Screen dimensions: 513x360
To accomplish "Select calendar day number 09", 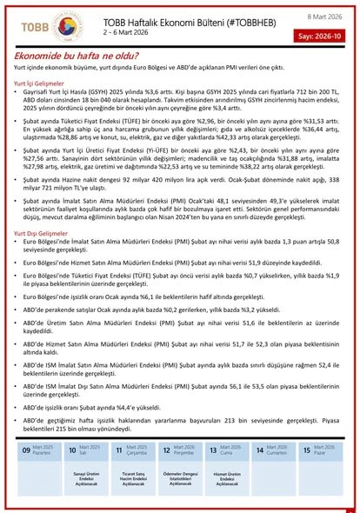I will pos(25,451).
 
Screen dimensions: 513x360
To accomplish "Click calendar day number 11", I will pos(119,451).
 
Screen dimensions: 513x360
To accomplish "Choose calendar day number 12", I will pos(166,451).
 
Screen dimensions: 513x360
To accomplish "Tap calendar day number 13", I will pos(213,451).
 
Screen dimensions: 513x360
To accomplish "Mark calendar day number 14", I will pos(260,451).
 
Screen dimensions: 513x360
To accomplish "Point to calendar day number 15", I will pos(306,451).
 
